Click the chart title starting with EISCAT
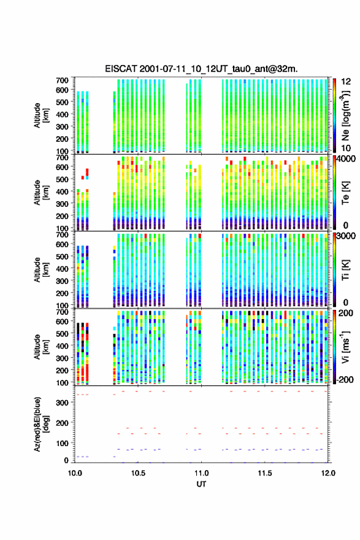click(201, 69)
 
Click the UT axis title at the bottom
click(201, 484)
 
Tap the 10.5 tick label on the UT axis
click(138, 473)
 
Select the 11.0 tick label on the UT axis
click(201, 473)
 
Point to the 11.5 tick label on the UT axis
click(265, 473)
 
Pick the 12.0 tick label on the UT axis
click(328, 473)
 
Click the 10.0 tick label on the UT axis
click(75, 473)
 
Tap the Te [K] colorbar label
click(345, 193)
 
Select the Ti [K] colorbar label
click(345, 269)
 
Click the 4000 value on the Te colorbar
click(347, 159)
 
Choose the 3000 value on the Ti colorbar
click(347, 236)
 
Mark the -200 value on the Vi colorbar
click(345, 379)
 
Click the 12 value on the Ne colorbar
click(346, 82)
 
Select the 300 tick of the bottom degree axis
click(62, 403)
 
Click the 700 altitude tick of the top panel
click(62, 80)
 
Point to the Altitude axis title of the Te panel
click(41, 193)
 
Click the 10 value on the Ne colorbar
click(346, 148)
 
